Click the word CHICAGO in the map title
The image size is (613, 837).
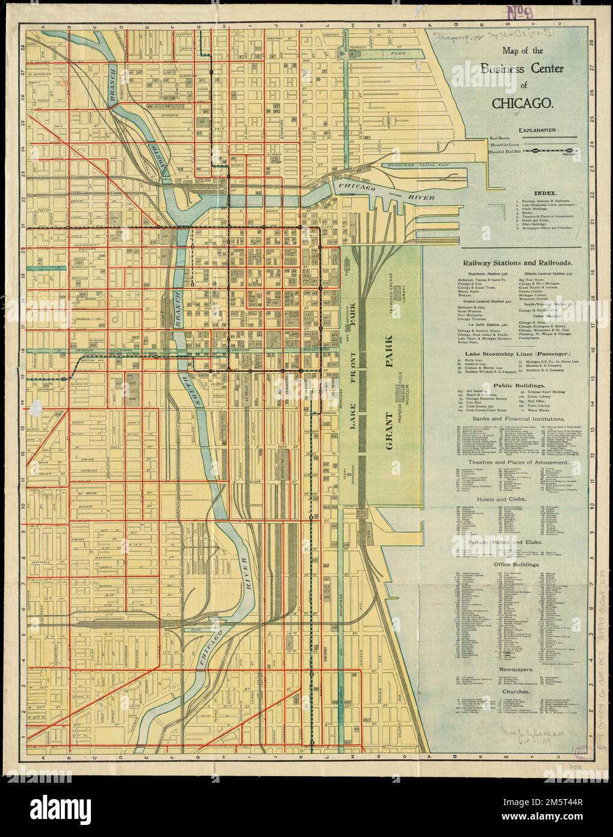click(x=522, y=102)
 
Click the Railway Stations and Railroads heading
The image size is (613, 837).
click(x=517, y=263)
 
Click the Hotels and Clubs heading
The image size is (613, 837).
click(x=518, y=499)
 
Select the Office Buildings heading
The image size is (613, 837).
click(x=518, y=564)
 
